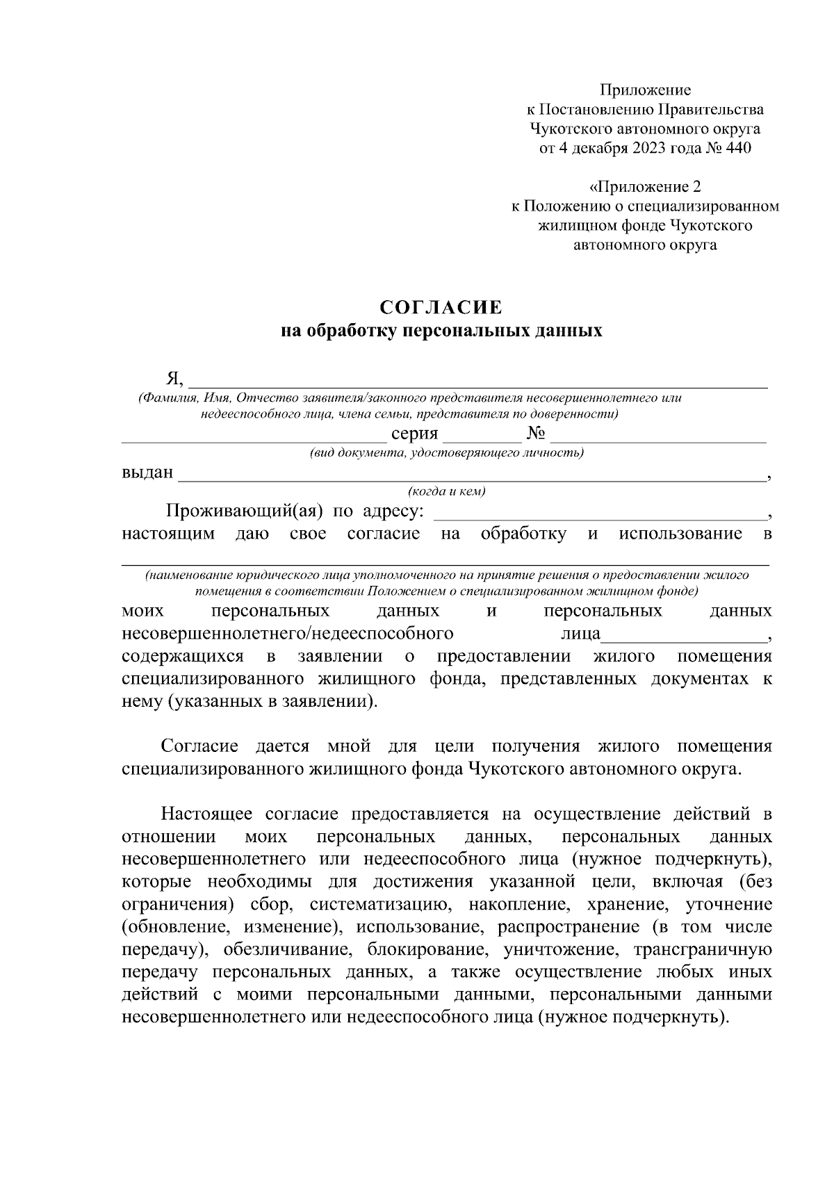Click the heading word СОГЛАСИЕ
(441, 308)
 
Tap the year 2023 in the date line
(649, 148)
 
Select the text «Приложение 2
(645, 187)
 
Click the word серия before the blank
(414, 434)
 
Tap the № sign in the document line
(536, 434)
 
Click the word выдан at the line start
(147, 473)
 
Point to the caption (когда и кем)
(447, 491)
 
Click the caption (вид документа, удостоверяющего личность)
(446, 453)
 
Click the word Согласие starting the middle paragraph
(200, 746)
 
